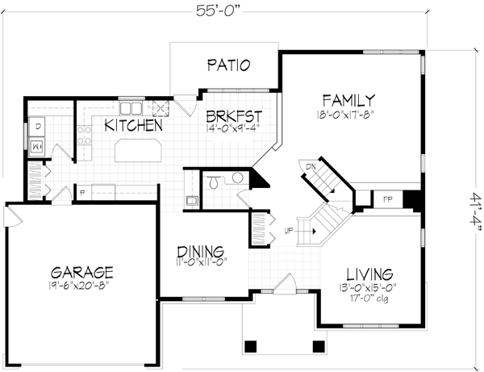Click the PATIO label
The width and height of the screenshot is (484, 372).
pos(228,65)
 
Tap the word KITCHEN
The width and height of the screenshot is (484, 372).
pos(134,126)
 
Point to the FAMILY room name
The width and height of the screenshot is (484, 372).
pos(348,100)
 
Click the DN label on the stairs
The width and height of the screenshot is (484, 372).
pos(311,167)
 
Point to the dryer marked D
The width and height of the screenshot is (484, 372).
pos(38,126)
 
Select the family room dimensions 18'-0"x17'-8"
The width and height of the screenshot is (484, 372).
pos(348,114)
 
